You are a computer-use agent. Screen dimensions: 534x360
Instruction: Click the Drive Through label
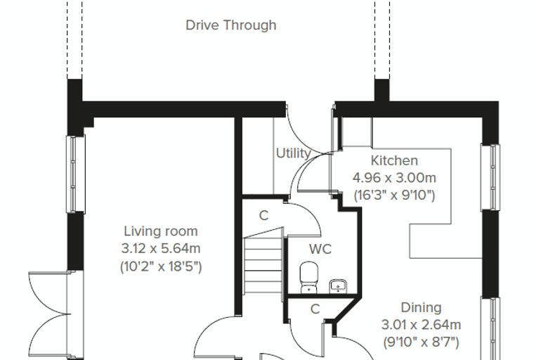(x=231, y=25)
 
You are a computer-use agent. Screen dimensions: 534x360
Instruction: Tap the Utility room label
(x=293, y=153)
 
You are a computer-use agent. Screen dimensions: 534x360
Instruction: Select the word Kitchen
(x=394, y=160)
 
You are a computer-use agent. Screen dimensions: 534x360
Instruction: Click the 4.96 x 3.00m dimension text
(x=394, y=178)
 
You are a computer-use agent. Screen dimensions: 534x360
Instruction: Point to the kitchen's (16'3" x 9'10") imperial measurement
(x=394, y=195)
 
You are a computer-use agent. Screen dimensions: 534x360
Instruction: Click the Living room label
(x=161, y=231)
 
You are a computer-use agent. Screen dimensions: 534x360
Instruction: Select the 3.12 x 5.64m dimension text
(x=161, y=248)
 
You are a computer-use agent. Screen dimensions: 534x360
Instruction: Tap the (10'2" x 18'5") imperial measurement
(x=161, y=266)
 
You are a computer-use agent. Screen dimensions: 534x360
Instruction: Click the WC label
(x=320, y=249)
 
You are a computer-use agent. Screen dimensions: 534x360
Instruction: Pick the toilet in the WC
(x=309, y=278)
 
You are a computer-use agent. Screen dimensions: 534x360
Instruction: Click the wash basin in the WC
(x=338, y=286)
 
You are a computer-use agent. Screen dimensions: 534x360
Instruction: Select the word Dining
(x=421, y=307)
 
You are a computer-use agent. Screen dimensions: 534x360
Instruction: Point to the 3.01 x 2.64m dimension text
(x=421, y=325)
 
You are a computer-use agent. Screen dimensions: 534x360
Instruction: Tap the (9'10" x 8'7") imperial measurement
(x=422, y=342)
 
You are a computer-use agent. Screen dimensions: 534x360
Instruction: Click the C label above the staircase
(x=263, y=215)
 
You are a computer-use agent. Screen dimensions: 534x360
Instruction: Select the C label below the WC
(x=315, y=309)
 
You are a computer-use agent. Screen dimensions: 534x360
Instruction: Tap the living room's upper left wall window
(x=75, y=174)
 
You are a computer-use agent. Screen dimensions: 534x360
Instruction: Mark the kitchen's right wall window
(x=490, y=177)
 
